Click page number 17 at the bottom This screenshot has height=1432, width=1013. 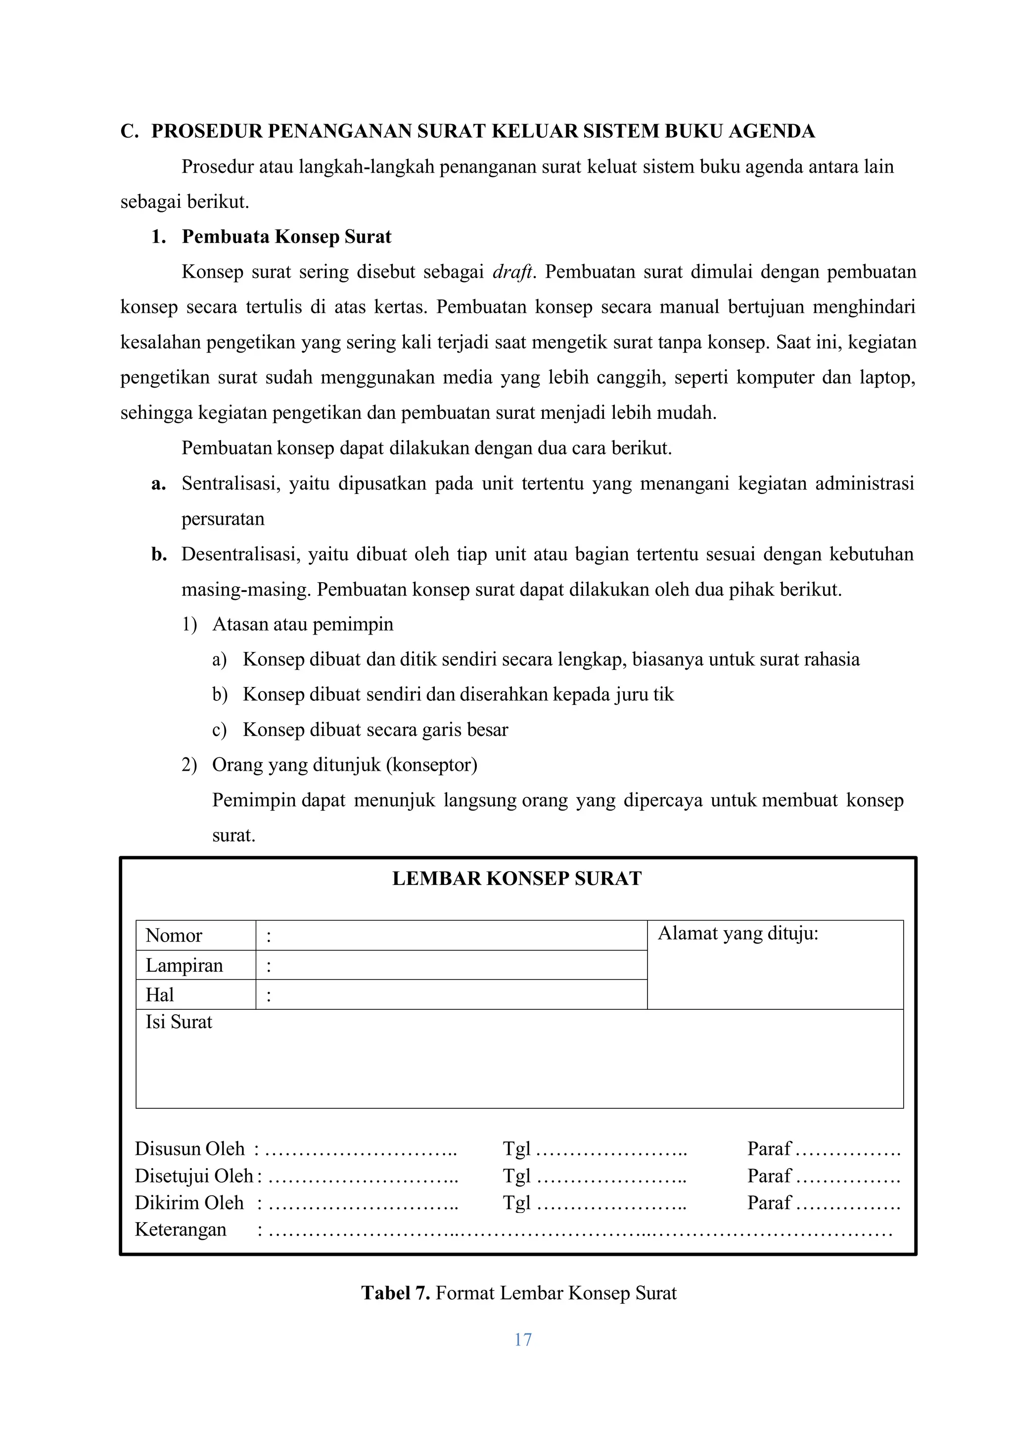[522, 1339]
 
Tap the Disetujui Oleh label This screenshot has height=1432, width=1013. [194, 1176]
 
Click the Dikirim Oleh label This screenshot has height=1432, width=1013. [189, 1202]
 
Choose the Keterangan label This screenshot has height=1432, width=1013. [180, 1229]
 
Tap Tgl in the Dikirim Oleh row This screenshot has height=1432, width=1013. [516, 1202]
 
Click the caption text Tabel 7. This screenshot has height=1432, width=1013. [396, 1293]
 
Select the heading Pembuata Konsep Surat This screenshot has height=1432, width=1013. [286, 237]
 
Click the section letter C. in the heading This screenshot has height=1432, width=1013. [129, 132]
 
